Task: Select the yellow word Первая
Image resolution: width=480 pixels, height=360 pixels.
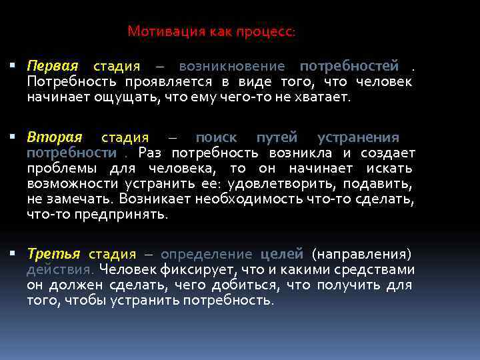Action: pyautogui.click(x=53, y=67)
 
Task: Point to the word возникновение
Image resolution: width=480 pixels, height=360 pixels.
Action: pyautogui.click(x=232, y=67)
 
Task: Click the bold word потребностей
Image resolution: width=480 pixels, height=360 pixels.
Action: pyautogui.click(x=349, y=67)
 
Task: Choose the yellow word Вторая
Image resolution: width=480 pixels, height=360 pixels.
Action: pyautogui.click(x=55, y=138)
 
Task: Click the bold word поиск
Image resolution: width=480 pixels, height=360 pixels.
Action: pyautogui.click(x=216, y=138)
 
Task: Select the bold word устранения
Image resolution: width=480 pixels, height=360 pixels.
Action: pyautogui.click(x=358, y=138)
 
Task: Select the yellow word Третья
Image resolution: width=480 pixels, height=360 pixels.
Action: pyautogui.click(x=53, y=255)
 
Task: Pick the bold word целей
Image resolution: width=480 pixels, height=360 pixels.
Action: pyautogui.click(x=281, y=255)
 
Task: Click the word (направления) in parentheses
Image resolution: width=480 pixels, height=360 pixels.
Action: pyautogui.click(x=362, y=255)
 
